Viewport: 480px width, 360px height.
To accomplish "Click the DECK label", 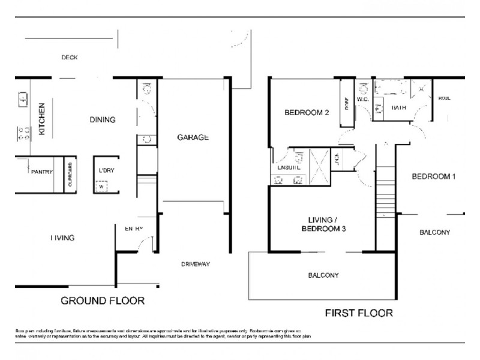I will tap(70, 58).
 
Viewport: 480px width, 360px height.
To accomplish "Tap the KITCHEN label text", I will tap(42, 119).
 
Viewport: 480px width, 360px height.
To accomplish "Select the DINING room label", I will tap(102, 119).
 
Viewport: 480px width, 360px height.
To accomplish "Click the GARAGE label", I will tap(193, 137).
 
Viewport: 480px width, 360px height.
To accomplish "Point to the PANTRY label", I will tap(43, 172).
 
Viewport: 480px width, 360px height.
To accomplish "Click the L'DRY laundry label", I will tap(106, 170).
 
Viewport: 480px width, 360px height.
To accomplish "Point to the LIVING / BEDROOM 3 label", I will tap(323, 225).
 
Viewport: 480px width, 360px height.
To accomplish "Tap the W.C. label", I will tap(362, 100).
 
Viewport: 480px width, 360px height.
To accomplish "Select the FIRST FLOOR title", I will tap(359, 313).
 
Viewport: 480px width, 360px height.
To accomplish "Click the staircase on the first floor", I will tap(386, 194).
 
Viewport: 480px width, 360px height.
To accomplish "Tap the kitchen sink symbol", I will tap(22, 98).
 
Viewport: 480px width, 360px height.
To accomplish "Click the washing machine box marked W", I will tap(101, 185).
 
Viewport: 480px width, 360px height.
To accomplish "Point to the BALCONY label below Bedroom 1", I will tap(434, 232).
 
